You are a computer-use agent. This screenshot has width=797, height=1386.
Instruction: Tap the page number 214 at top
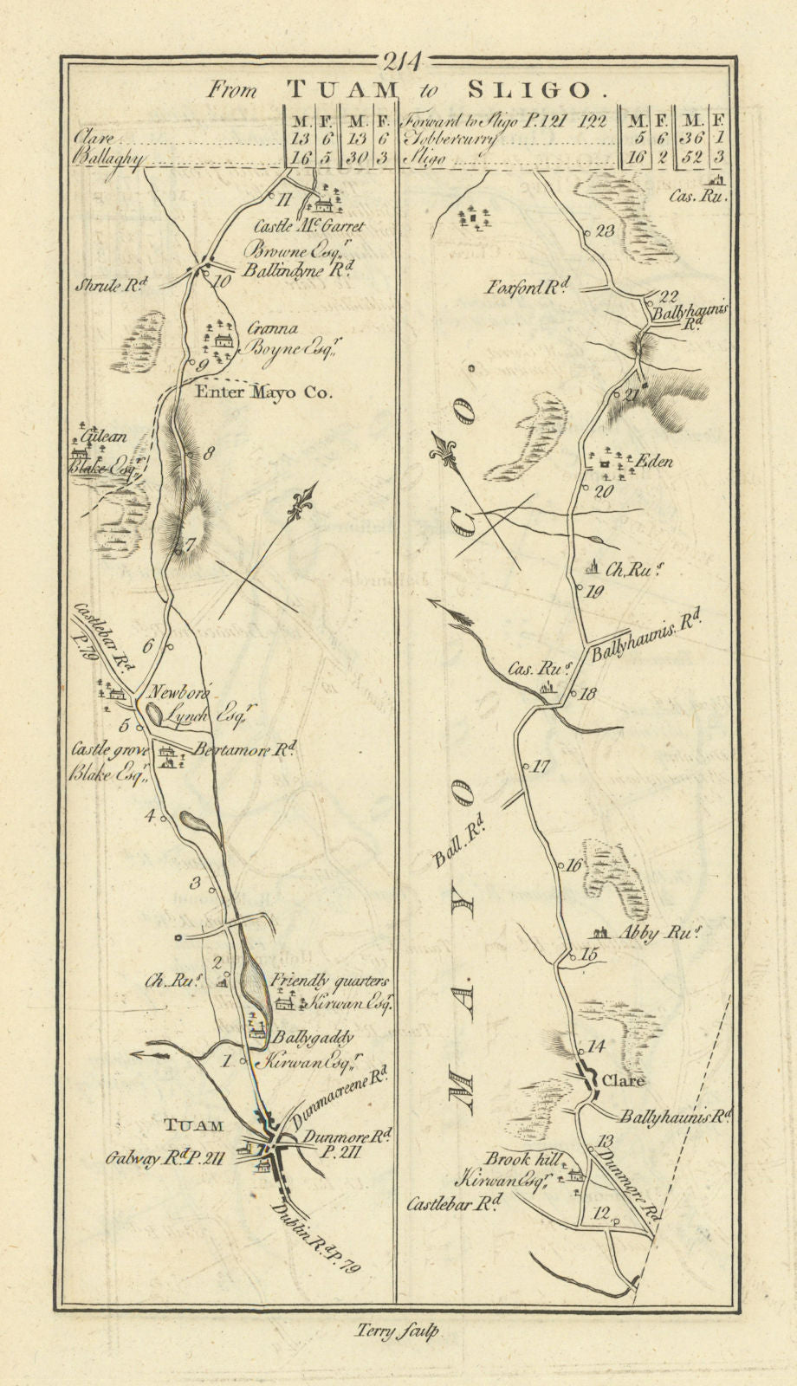[x=400, y=62]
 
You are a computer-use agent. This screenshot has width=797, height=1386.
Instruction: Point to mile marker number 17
[x=541, y=766]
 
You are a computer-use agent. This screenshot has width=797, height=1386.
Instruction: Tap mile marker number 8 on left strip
[x=208, y=452]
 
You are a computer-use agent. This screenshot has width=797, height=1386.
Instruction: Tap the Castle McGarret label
[x=309, y=226]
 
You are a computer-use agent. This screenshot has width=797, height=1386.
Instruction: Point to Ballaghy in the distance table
[x=108, y=159]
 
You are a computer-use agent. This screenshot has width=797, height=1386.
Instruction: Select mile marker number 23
[x=605, y=230]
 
